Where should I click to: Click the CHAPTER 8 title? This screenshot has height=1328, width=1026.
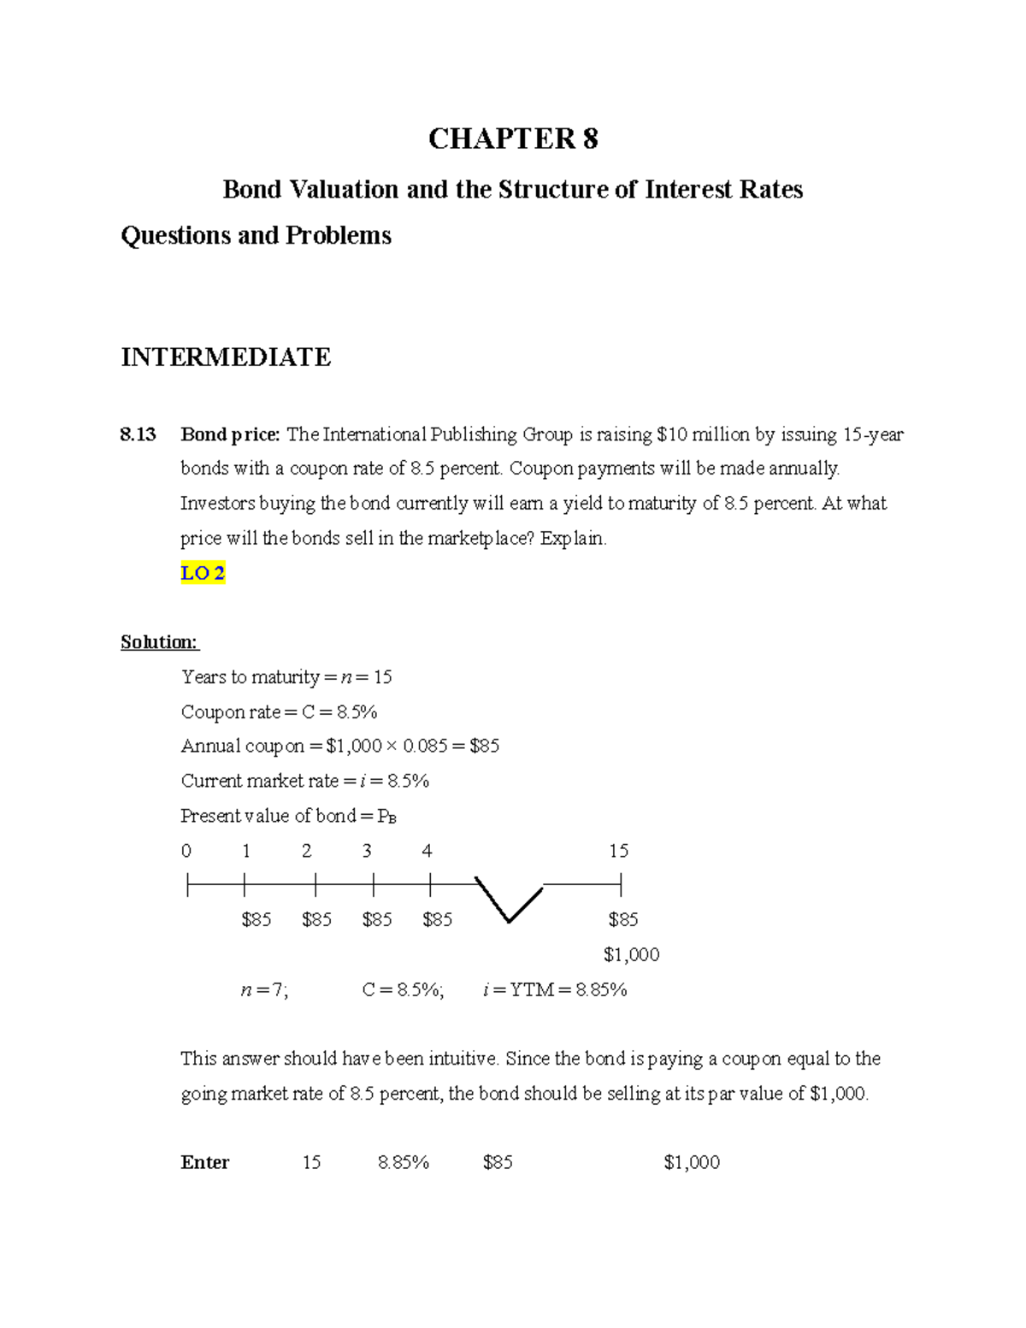513,139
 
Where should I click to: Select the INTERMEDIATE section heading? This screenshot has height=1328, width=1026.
226,357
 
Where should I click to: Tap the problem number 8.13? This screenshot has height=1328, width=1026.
138,434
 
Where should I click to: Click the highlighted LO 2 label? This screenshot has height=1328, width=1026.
203,573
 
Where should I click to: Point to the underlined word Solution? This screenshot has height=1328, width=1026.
159,642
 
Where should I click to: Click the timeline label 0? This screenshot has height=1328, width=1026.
186,851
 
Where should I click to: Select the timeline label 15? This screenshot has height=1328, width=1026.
618,851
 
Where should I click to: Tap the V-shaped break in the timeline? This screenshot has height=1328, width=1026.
509,899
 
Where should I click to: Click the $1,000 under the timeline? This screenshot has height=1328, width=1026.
631,954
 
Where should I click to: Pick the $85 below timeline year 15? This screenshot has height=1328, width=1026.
623,919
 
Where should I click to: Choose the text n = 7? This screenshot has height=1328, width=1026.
265,990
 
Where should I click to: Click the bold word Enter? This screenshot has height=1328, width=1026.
205,1162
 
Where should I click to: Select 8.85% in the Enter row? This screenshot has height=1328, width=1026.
404,1162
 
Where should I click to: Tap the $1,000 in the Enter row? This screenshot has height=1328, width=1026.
692,1162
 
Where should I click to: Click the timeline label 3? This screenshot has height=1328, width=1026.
367,851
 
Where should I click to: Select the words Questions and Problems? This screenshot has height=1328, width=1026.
256,235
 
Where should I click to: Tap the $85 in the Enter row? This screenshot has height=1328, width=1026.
498,1162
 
